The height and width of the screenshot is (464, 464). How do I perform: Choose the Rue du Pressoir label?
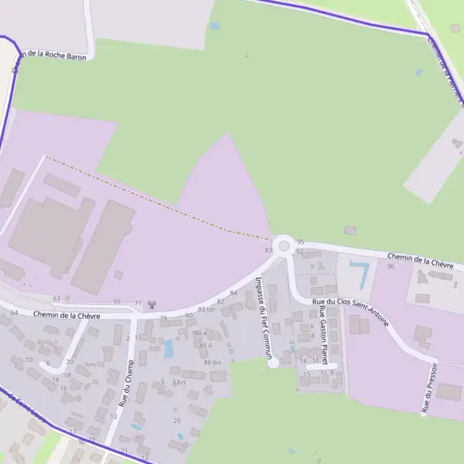(x=431, y=385)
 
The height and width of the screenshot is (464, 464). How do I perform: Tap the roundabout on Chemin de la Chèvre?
(x=284, y=246)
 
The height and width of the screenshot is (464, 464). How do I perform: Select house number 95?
(x=300, y=242)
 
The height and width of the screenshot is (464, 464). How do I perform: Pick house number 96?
(x=391, y=266)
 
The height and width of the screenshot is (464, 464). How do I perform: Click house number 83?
(x=268, y=251)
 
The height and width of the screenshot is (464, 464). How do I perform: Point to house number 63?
(x=56, y=299)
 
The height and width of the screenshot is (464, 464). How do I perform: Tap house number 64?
(x=15, y=312)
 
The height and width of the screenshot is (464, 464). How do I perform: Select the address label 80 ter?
(x=206, y=309)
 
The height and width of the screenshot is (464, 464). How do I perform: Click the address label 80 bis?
(x=213, y=362)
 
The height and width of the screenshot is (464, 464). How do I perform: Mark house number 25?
(x=176, y=420)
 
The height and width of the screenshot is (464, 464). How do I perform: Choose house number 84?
(x=233, y=293)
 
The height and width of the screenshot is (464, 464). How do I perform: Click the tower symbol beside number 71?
(x=152, y=303)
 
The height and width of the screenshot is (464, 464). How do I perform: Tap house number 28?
(x=164, y=319)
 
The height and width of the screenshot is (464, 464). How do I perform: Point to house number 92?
(x=299, y=252)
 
